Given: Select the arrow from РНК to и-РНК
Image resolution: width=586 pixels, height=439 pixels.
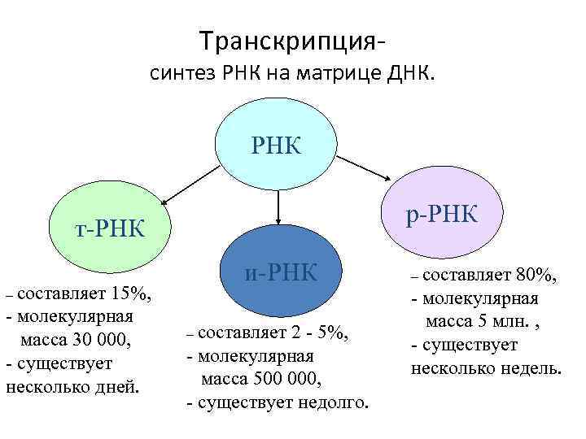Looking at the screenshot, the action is coord(279,205).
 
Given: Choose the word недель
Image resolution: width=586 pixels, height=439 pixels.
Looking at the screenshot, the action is coord(531,367).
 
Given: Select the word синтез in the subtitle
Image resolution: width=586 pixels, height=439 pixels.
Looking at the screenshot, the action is coord(182,76).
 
